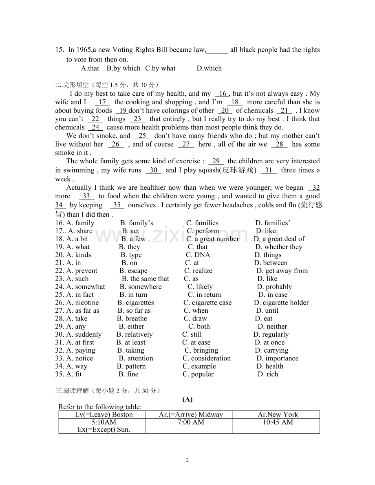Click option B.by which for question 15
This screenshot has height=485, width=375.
click(124, 68)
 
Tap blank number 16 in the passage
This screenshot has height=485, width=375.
click(223, 94)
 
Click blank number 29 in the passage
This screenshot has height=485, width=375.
click(216, 161)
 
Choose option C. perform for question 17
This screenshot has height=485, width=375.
click(203, 231)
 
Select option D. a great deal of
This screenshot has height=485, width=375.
click(279, 239)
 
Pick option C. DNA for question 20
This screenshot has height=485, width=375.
click(198, 255)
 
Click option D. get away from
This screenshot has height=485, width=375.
click(282, 271)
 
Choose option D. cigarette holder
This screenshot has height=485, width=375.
click(281, 303)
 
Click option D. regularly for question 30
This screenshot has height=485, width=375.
click(271, 334)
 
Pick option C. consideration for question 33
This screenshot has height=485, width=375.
click(206, 358)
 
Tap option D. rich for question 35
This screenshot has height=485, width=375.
click(268, 374)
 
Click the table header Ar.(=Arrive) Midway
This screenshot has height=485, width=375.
click(191, 415)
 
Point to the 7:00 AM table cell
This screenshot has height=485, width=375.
click(191, 422)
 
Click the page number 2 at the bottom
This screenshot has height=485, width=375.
click(187, 460)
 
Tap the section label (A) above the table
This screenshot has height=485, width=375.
click(187, 399)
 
